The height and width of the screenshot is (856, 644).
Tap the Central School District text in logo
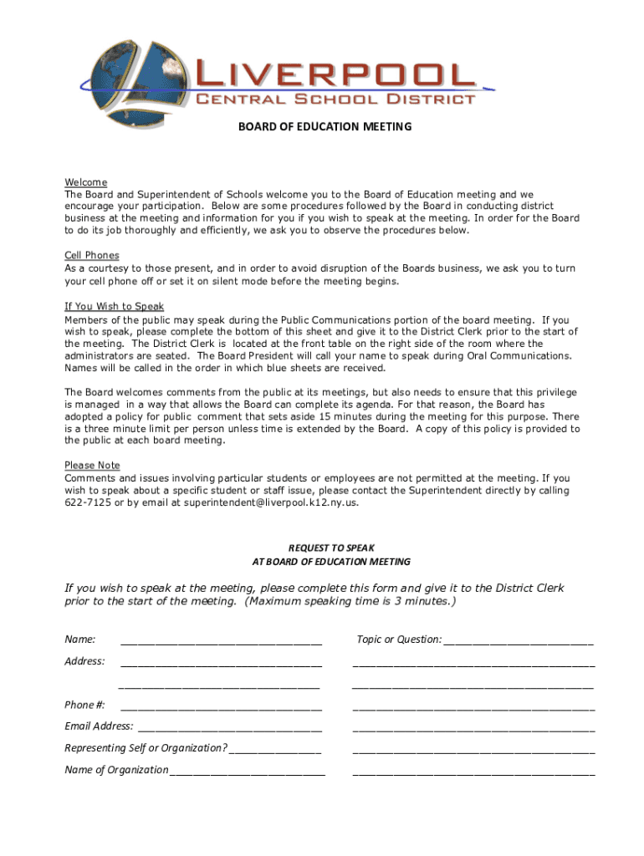[335, 99]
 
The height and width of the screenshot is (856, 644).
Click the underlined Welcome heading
[86, 182]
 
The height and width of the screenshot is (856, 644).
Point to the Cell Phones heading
[92, 255]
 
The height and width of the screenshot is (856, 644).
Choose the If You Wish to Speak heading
[115, 306]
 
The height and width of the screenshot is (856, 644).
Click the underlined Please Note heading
[92, 465]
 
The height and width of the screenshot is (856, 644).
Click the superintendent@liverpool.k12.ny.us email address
[271, 502]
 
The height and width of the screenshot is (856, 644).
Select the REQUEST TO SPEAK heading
[332, 548]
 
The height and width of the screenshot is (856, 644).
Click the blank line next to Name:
[221, 641]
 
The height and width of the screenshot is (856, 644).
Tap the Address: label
[84, 661]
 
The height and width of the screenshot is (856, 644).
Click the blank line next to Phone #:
[221, 706]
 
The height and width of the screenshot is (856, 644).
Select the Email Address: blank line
[229, 727]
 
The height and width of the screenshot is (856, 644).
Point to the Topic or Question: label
[399, 639]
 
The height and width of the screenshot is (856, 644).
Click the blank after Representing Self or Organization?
[275, 749]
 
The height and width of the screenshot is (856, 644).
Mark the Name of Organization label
[116, 770]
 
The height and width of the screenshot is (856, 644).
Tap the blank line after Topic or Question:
[519, 641]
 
